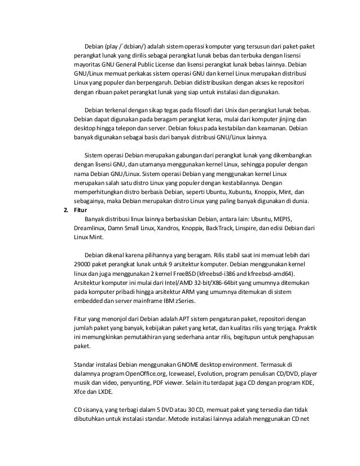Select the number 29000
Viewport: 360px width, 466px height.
[84, 263]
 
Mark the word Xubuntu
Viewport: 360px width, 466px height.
[200, 192]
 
